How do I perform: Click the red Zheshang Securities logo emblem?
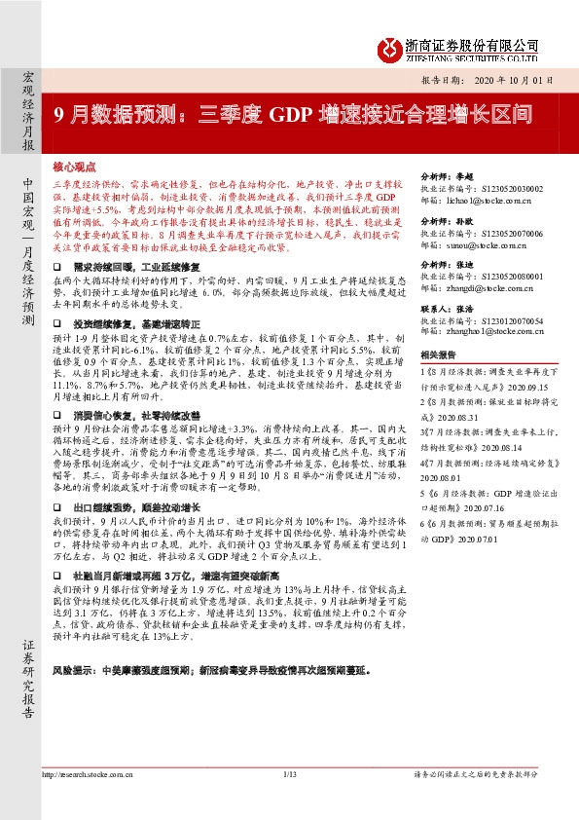coord(391,45)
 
